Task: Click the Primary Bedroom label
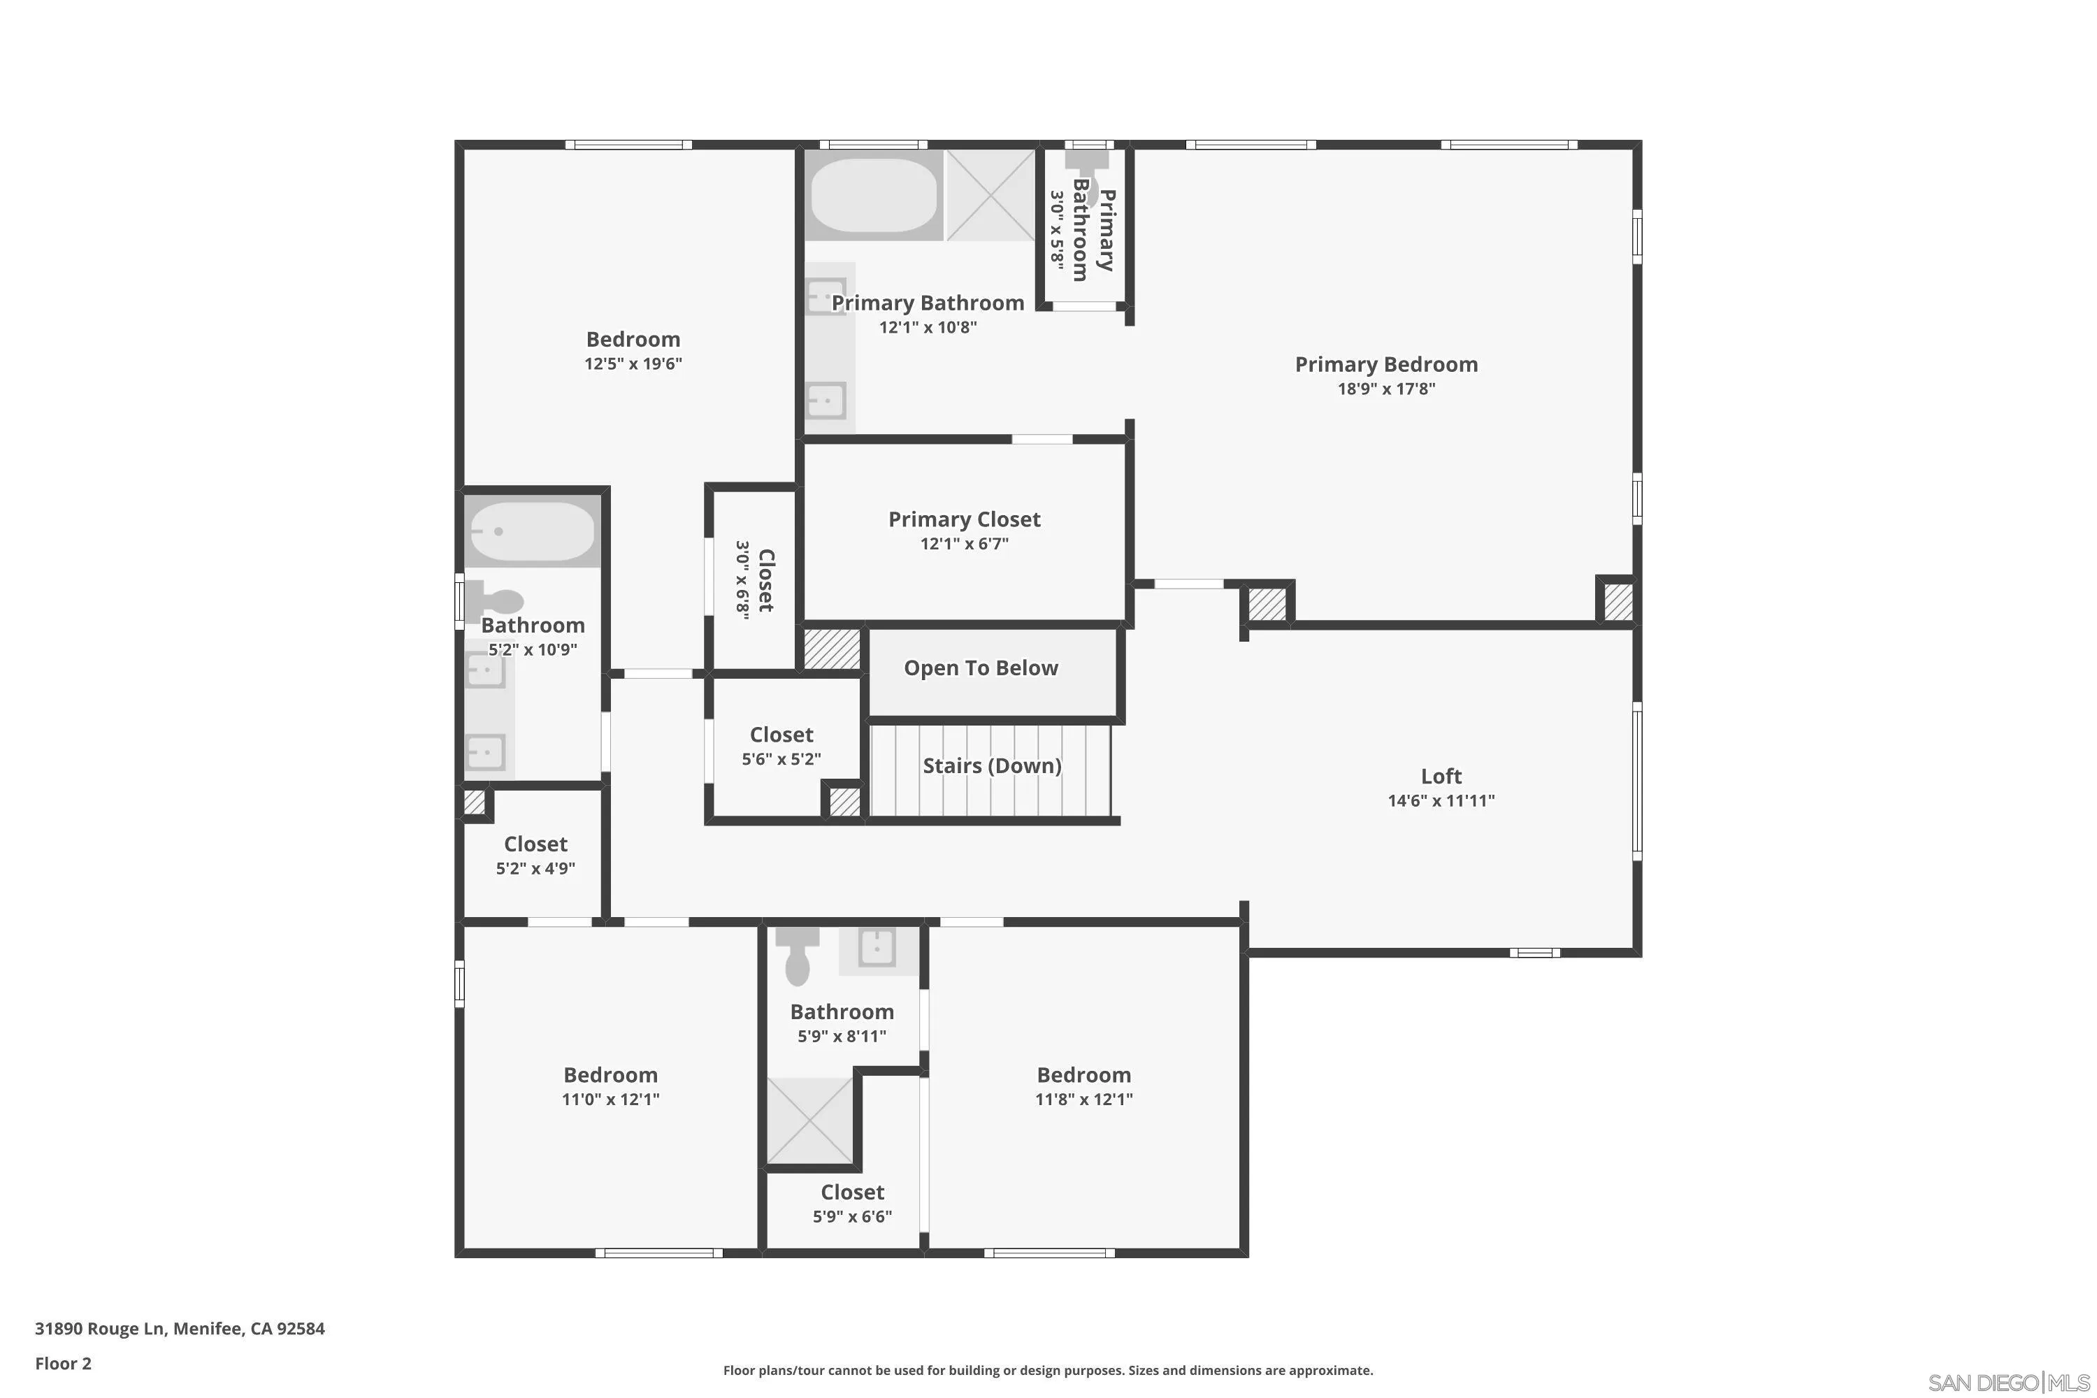pos(1385,365)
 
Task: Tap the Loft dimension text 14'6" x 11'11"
pos(1441,800)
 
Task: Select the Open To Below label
pos(981,669)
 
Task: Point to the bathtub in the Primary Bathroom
pos(874,195)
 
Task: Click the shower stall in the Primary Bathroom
pos(990,195)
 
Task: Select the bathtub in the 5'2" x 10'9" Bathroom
pos(531,531)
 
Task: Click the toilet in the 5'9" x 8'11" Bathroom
pos(797,956)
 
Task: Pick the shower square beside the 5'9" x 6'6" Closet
pos(809,1120)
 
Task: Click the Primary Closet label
pos(964,520)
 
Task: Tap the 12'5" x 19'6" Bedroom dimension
pos(633,363)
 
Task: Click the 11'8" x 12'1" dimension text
pos(1083,1100)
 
